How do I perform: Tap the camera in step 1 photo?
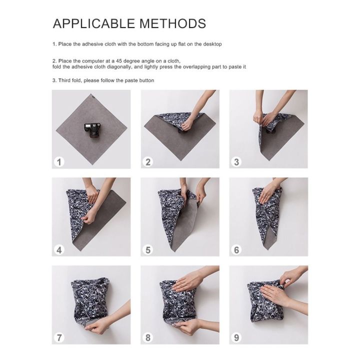(x=91, y=130)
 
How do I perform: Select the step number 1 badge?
(x=59, y=161)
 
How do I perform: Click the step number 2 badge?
(x=148, y=161)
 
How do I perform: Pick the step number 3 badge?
(x=236, y=161)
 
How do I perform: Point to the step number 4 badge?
(x=59, y=249)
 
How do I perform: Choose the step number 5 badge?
(x=148, y=249)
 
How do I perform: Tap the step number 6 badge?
(x=236, y=249)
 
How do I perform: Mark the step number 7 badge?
(x=59, y=337)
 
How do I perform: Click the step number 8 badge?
(x=148, y=337)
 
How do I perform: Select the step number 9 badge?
(x=236, y=337)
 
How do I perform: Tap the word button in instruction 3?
(x=144, y=80)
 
